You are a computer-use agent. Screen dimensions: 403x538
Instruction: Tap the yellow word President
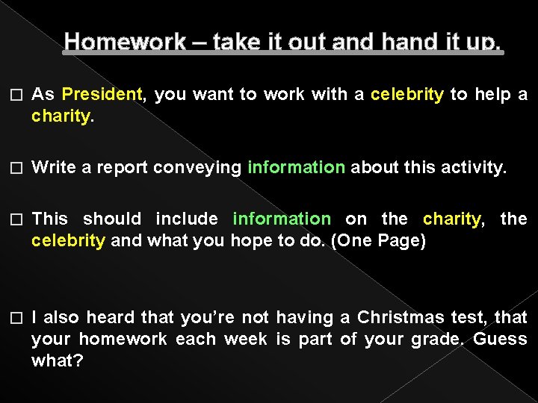coord(102,95)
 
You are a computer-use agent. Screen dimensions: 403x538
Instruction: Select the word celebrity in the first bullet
coord(407,95)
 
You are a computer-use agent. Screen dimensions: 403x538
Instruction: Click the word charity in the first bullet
coord(61,117)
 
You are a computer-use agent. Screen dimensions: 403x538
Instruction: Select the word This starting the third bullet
coord(50,219)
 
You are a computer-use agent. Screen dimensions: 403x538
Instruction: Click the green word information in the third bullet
coord(281,219)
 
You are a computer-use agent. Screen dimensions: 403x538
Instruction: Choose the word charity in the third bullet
coord(452,219)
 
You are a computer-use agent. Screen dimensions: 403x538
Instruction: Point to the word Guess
coord(500,340)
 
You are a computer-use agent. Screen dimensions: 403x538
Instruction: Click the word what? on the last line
coord(57,361)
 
